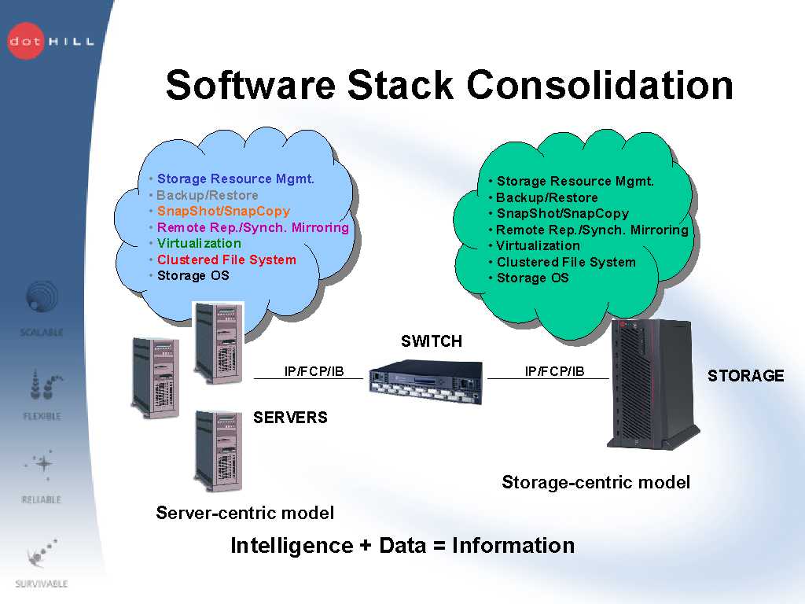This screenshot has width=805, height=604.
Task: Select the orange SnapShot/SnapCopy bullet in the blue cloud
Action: tap(223, 212)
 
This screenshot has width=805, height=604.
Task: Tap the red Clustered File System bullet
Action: tap(226, 260)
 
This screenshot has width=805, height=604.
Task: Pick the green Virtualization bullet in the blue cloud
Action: tap(199, 243)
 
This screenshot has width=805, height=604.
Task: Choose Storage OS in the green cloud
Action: tap(532, 278)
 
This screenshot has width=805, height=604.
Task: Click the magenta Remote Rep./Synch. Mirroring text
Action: tap(252, 227)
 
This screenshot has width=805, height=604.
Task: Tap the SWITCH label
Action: tap(432, 341)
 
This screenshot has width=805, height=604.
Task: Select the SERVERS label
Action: tap(290, 418)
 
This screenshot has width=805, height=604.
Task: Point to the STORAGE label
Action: tap(745, 376)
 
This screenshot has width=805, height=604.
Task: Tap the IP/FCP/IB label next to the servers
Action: tap(314, 371)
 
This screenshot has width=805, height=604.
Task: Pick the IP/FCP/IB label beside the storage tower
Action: tap(554, 371)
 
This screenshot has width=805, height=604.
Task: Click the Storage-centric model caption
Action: tap(596, 482)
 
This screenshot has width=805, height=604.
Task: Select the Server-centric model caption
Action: tap(244, 514)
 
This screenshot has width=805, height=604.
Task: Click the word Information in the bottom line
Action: tap(513, 546)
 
